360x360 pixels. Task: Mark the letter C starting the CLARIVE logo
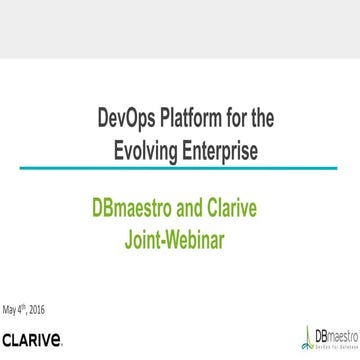(x=8, y=343)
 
